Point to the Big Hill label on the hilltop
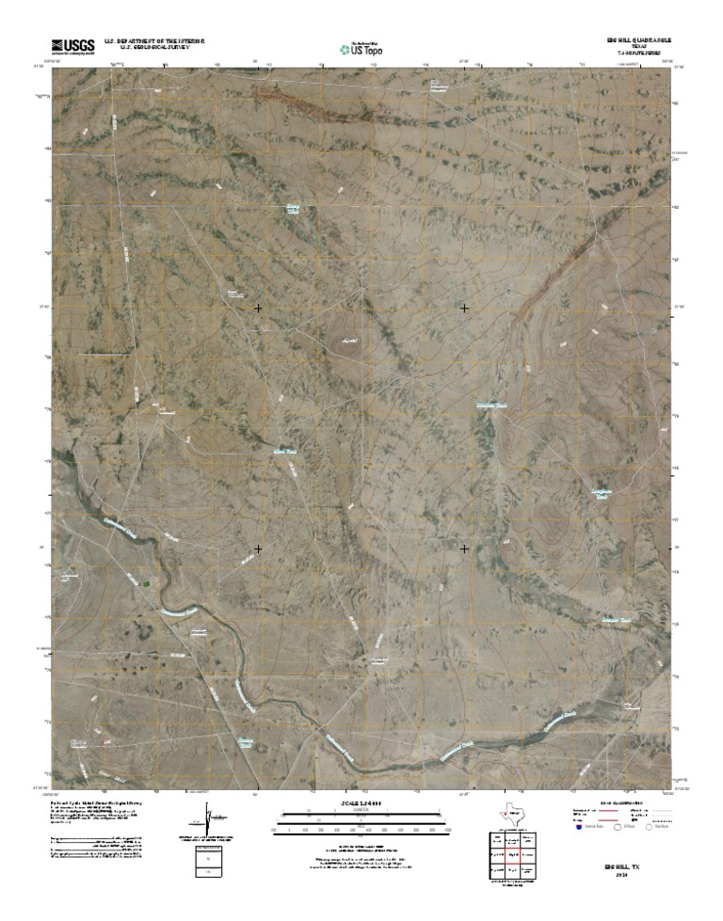[x=350, y=337]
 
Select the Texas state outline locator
[x=510, y=816]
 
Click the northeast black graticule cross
[x=464, y=308]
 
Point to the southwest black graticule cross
[x=258, y=548]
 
